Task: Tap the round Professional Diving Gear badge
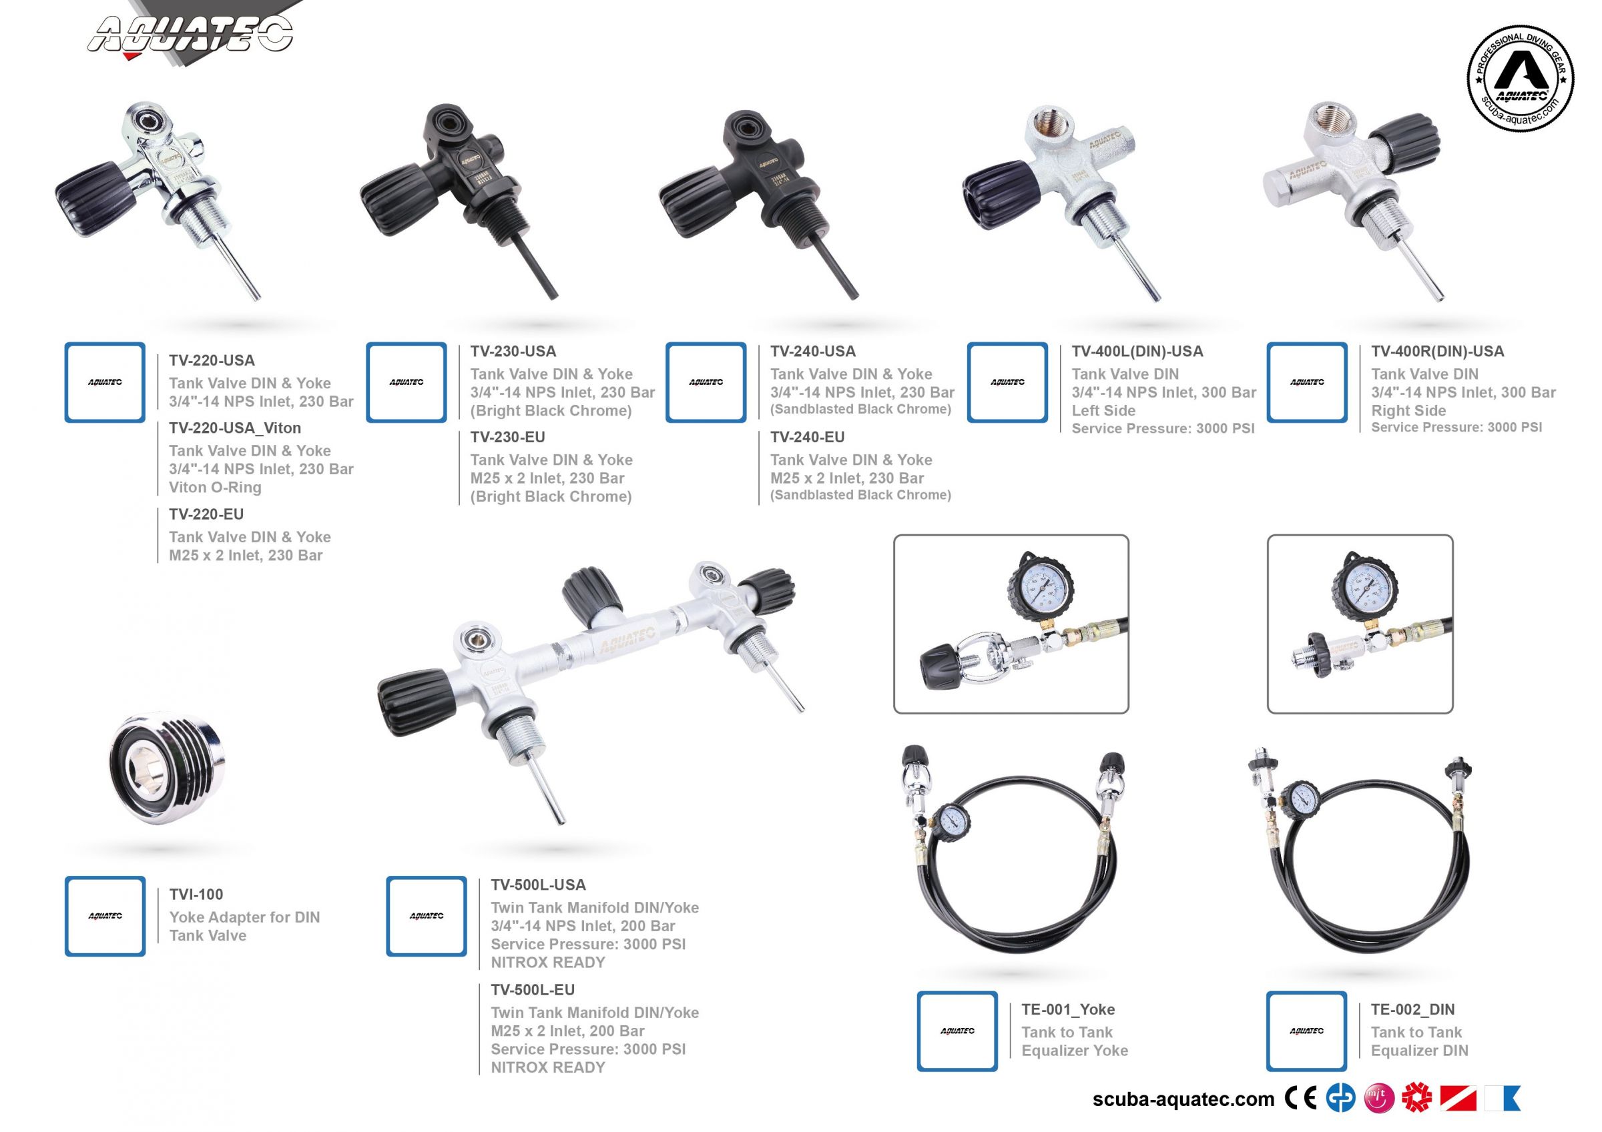point(1520,78)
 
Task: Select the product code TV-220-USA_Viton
point(234,428)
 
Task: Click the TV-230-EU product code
point(507,438)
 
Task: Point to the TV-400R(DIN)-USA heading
point(1436,352)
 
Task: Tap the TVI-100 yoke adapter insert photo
point(168,767)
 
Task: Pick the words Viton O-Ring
point(215,488)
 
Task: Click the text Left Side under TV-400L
point(1103,411)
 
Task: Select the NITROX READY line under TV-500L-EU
point(548,1067)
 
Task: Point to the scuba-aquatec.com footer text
point(1183,1099)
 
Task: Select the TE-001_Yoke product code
point(1067,1009)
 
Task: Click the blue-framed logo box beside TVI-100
point(105,916)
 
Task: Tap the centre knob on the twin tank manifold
point(591,595)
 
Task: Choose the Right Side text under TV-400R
point(1408,411)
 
